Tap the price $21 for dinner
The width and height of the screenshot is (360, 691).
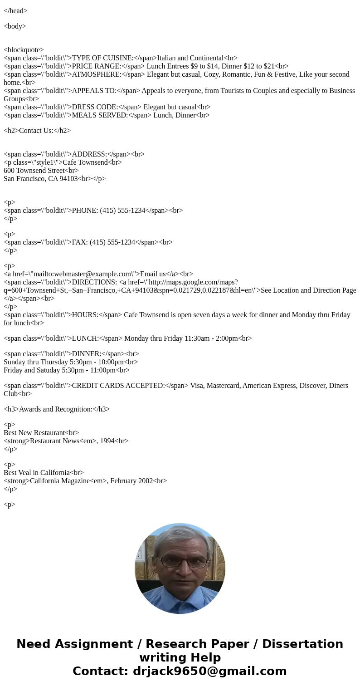[x=268, y=66]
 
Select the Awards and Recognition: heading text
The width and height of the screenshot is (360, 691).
[x=57, y=409]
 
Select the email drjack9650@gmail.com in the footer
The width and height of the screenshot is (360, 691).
[x=209, y=671]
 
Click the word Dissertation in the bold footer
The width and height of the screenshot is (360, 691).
[x=302, y=644]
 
